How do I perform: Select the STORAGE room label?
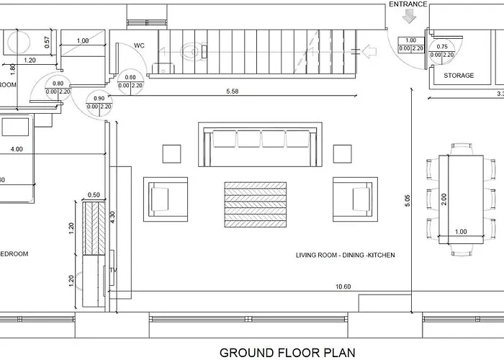point(458,76)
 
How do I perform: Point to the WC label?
point(140,46)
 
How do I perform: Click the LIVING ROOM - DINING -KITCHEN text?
point(345,256)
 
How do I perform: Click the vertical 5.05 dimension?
point(408,201)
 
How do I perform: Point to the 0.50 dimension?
point(94,195)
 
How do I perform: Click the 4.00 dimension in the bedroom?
point(17,150)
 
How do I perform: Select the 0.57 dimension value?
point(47,42)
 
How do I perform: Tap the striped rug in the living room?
point(256,204)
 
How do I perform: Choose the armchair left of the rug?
point(166,197)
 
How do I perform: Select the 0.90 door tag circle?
point(99,102)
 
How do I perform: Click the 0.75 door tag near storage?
point(440,50)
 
